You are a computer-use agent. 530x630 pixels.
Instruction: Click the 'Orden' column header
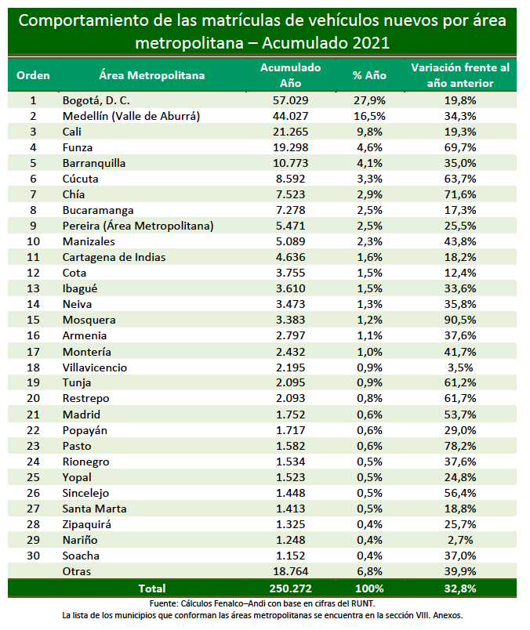pyautogui.click(x=33, y=75)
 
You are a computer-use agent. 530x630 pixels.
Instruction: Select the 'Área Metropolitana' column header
pyautogui.click(x=152, y=75)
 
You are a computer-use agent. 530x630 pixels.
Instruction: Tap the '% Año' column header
pyautogui.click(x=369, y=75)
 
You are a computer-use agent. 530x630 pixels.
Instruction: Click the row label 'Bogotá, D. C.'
pyautogui.click(x=96, y=100)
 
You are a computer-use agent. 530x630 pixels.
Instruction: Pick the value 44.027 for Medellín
pyautogui.click(x=290, y=116)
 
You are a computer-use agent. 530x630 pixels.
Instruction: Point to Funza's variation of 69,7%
pyautogui.click(x=460, y=147)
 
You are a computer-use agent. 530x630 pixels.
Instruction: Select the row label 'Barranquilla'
pyautogui.click(x=94, y=163)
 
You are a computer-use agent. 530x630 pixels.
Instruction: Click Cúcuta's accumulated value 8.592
pyautogui.click(x=290, y=179)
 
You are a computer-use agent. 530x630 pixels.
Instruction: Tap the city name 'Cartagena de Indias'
pyautogui.click(x=114, y=257)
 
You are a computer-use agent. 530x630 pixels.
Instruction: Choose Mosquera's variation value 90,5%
pyautogui.click(x=460, y=320)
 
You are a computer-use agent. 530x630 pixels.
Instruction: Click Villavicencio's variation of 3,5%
pyautogui.click(x=460, y=367)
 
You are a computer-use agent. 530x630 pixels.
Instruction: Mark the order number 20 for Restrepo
pyautogui.click(x=33, y=398)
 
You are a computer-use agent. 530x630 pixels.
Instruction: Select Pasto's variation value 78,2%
pyautogui.click(x=460, y=446)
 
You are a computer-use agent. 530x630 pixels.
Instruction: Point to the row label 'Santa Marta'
pyautogui.click(x=95, y=509)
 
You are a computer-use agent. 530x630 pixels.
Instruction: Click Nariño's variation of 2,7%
pyautogui.click(x=460, y=540)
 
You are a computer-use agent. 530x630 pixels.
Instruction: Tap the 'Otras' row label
pyautogui.click(x=77, y=571)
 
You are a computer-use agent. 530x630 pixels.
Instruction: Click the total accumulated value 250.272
pyautogui.click(x=290, y=588)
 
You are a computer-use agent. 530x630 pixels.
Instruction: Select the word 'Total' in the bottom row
pyautogui.click(x=152, y=588)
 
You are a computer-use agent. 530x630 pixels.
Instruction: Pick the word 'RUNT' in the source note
pyautogui.click(x=362, y=603)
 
